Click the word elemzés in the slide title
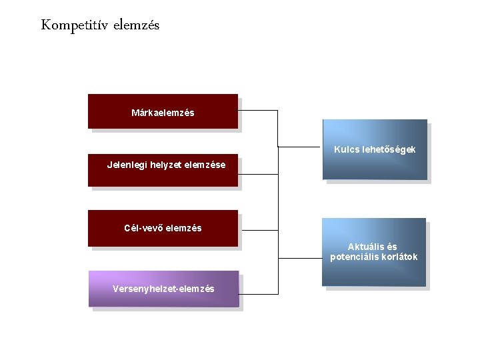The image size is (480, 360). click(137, 26)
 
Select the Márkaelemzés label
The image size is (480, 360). click(163, 113)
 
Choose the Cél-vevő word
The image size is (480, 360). click(143, 228)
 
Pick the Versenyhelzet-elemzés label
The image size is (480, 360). click(163, 289)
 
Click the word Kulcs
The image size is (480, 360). click(347, 149)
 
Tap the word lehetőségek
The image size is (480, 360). click(389, 149)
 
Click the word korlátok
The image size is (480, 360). click(399, 257)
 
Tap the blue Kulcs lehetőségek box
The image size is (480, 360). click(375, 167)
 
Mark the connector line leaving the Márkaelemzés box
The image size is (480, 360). click(257, 110)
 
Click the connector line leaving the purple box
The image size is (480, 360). click(259, 293)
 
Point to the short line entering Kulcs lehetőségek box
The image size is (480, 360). click(300, 147)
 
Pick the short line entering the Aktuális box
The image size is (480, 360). click(300, 257)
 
